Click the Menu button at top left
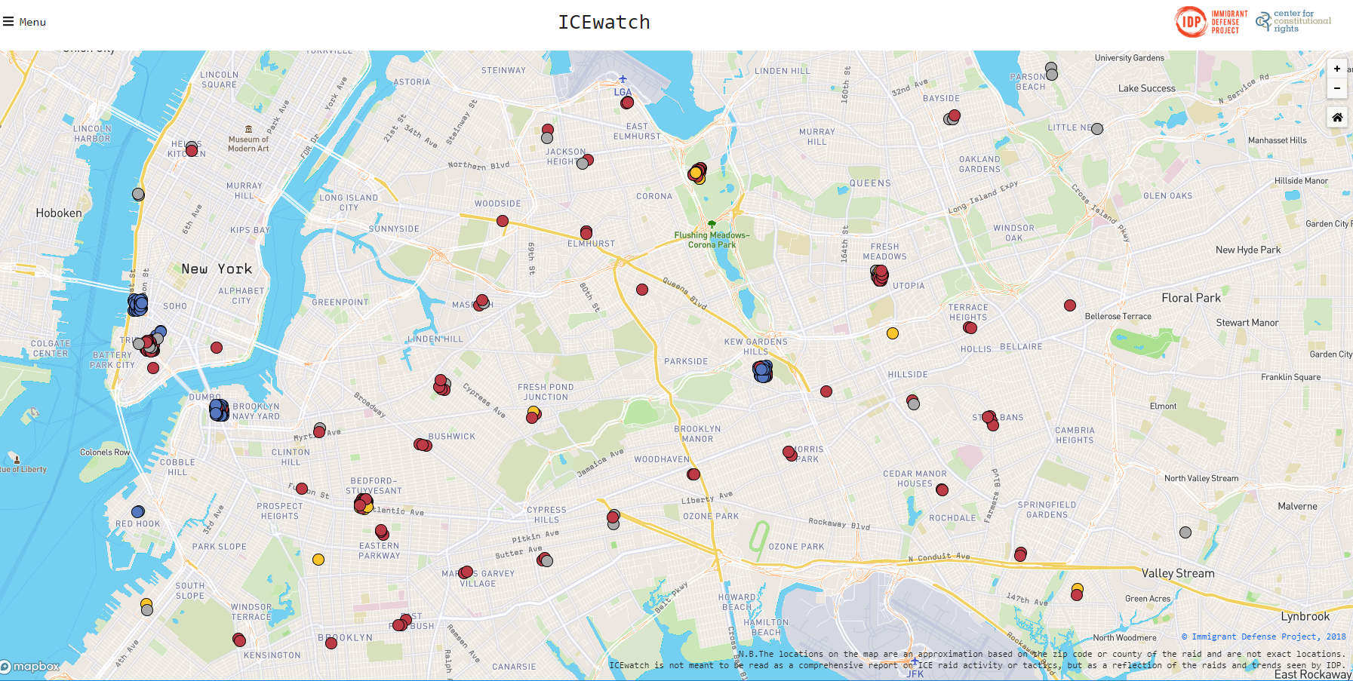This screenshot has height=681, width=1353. coord(24,22)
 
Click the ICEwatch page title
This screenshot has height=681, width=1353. coord(604,23)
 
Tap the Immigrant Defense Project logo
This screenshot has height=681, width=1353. coord(1211,22)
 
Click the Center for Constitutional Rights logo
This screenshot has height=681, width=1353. coord(1293,22)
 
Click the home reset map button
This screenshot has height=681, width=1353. coord(1336,117)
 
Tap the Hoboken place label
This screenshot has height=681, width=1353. coord(59,213)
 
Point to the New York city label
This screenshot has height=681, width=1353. coord(217,269)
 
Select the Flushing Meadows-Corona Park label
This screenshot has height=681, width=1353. coord(712,240)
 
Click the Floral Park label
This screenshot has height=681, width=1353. coord(1191,298)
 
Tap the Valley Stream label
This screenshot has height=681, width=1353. coord(1178,573)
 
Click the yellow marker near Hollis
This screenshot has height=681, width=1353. coord(893,333)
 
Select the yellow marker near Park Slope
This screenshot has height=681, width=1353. coord(318,560)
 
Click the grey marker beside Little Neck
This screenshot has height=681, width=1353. coord(1097,129)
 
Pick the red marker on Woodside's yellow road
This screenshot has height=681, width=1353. coord(503,221)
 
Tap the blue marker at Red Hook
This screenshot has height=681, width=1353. coord(138,512)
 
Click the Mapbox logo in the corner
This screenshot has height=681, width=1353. coord(31,667)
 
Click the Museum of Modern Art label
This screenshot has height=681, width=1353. coord(248,143)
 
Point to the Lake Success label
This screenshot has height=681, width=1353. coord(1146,88)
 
